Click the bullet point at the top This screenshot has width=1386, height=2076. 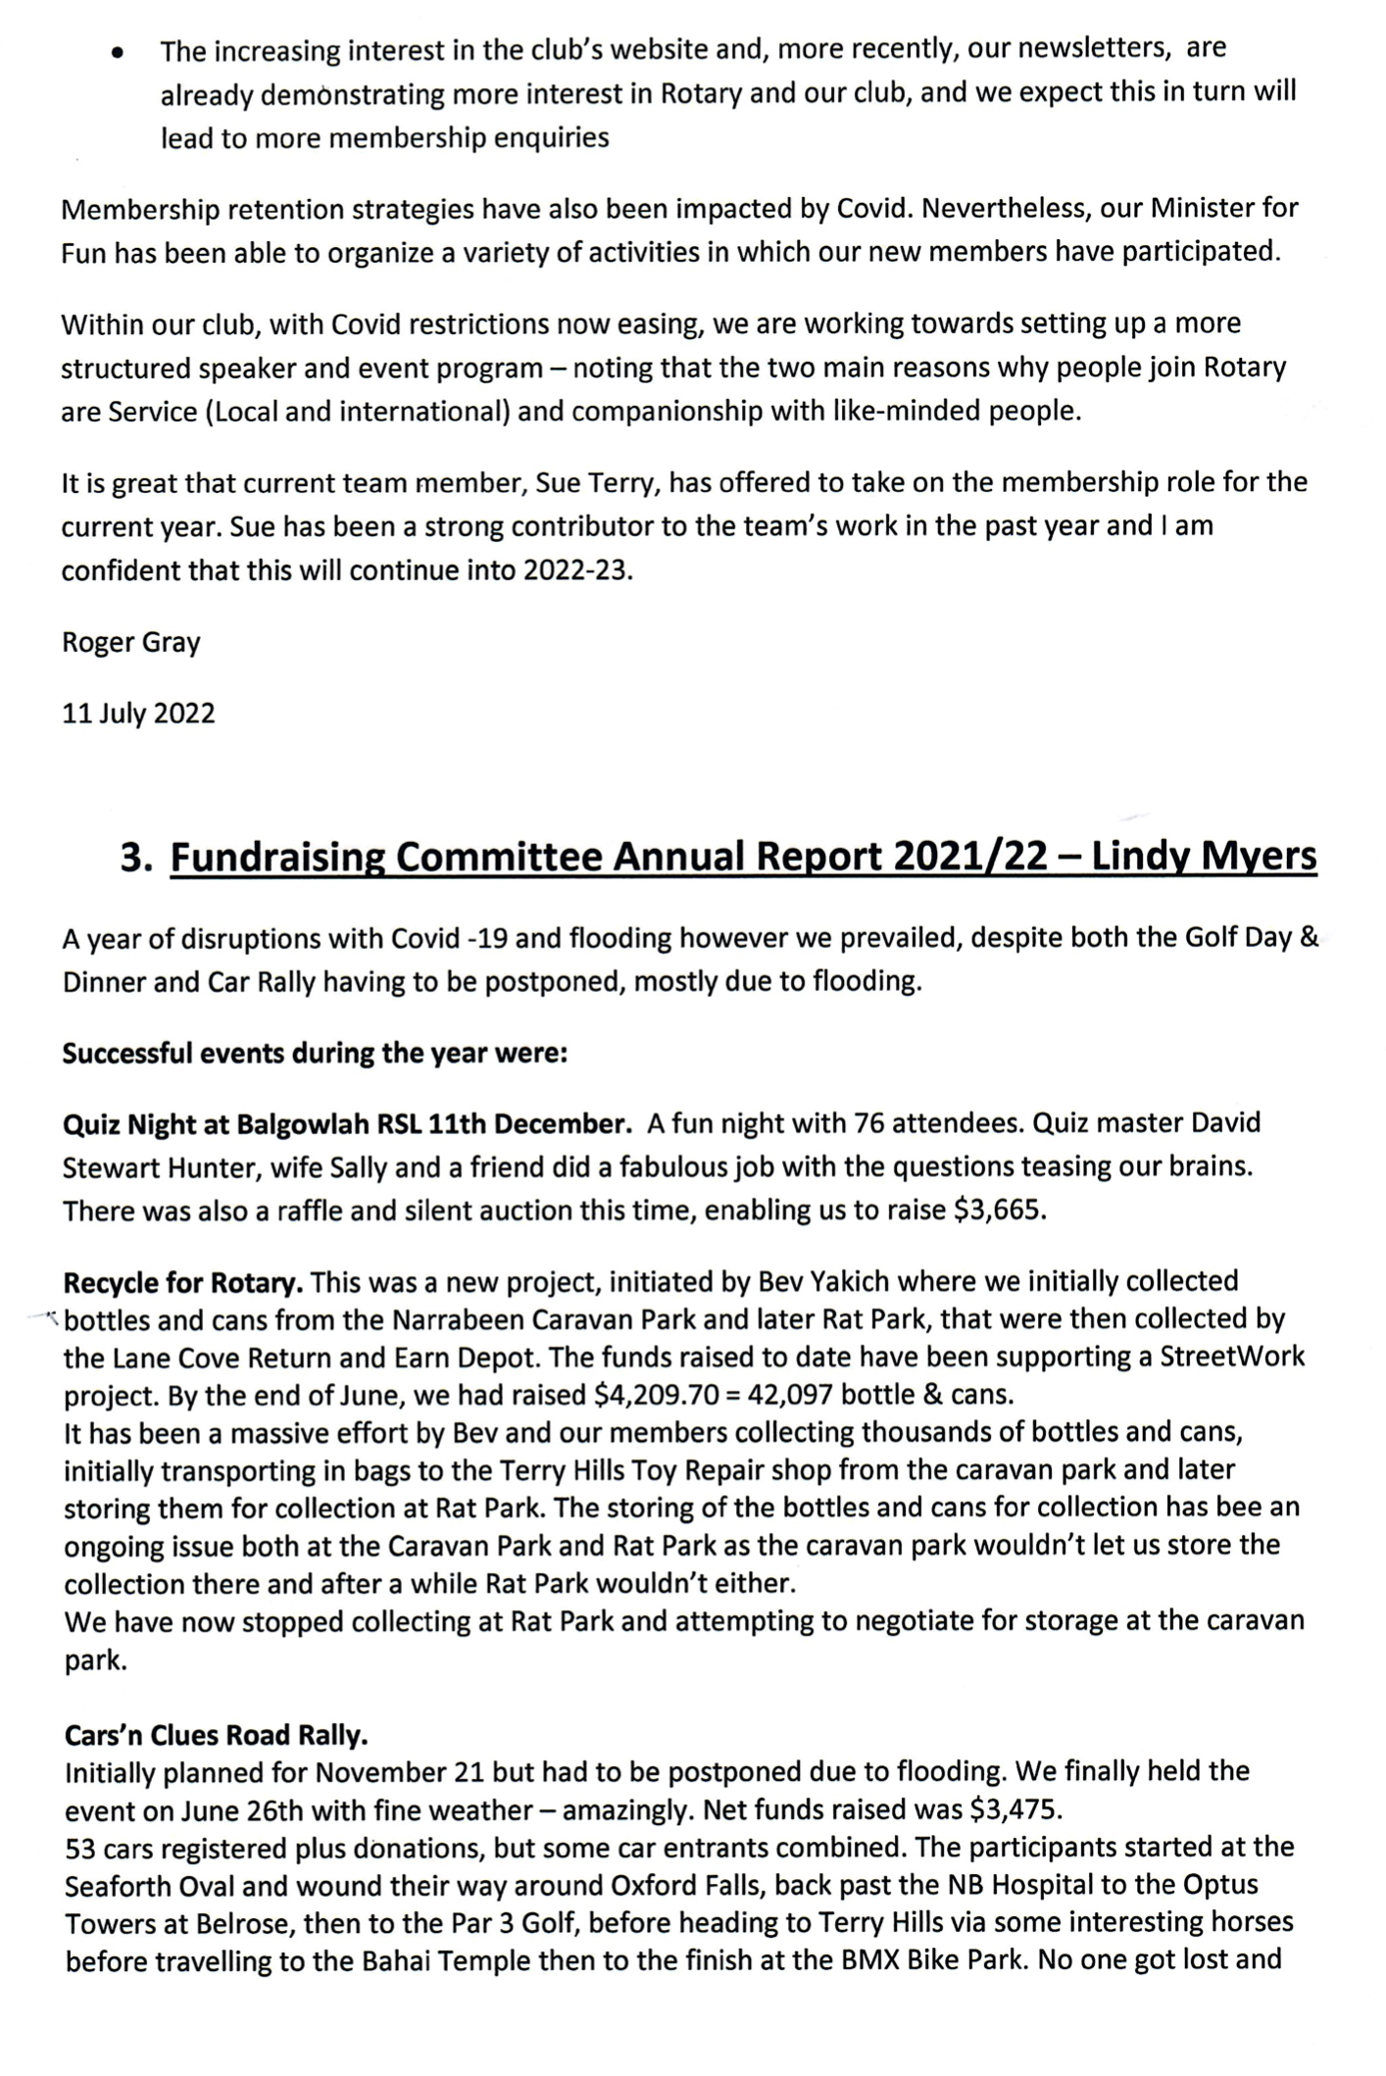pos(118,55)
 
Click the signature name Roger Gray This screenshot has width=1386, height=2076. pos(130,643)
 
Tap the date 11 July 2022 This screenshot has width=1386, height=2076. pos(138,714)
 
